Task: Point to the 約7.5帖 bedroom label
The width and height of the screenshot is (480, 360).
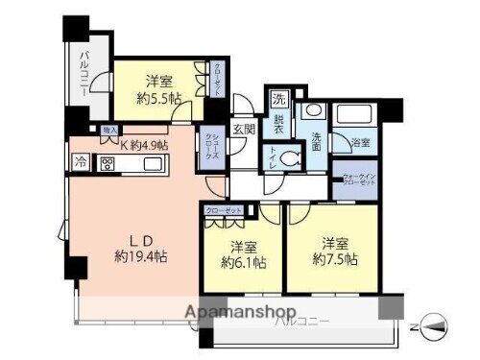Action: [335, 258]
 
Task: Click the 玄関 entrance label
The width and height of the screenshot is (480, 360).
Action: [243, 130]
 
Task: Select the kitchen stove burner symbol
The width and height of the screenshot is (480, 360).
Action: [106, 163]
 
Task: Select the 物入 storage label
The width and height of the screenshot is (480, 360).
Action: [109, 129]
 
